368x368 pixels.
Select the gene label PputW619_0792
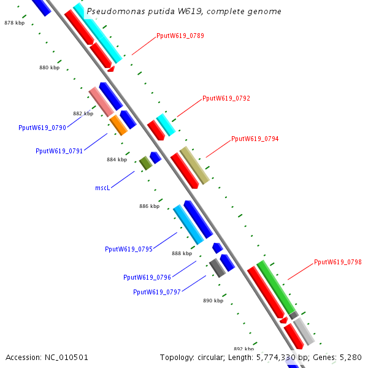coord(226,98)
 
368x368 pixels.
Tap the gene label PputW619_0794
coord(255,139)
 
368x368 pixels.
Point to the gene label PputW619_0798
coord(337,262)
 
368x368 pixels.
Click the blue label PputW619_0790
coord(42,128)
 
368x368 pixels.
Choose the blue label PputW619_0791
coord(59,151)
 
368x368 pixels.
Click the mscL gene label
coord(102,188)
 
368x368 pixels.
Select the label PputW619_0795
coord(129,249)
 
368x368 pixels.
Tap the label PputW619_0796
coord(147,277)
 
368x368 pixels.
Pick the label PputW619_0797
coord(157,292)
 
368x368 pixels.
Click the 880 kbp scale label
coord(49,68)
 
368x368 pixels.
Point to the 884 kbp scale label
coord(117,159)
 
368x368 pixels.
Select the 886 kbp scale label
coord(149,206)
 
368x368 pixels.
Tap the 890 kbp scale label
coord(213,301)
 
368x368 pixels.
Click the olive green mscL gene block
coord(145,163)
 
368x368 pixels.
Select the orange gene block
coord(118,125)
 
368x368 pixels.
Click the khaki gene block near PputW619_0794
coord(194,165)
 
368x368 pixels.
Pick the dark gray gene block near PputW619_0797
coord(217,268)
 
